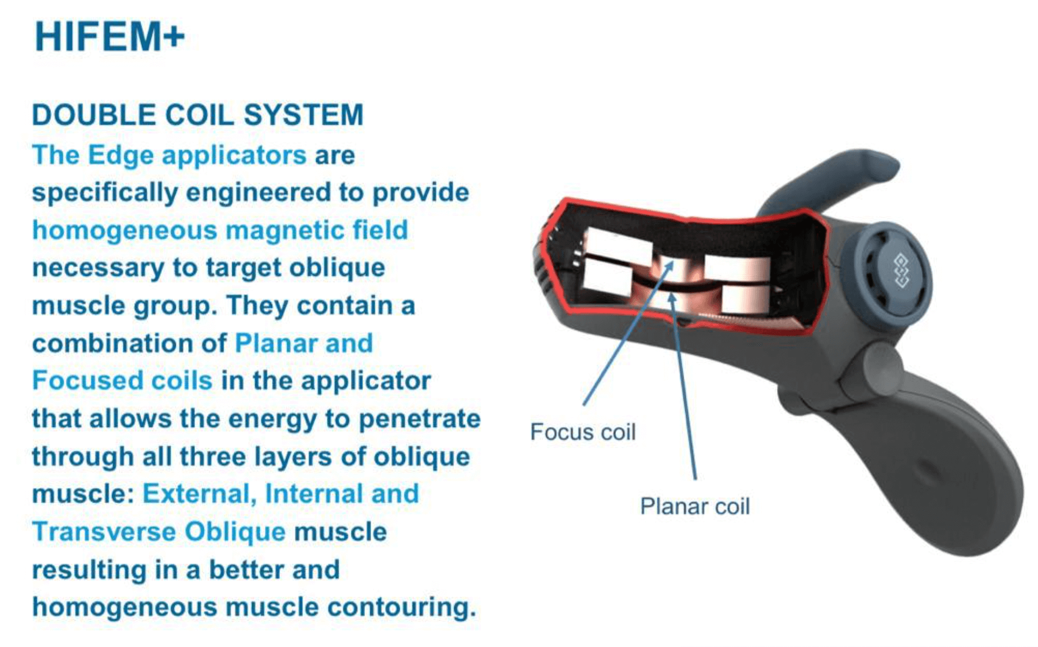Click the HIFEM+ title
[110, 37]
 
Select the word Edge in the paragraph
[120, 156]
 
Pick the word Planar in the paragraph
[275, 343]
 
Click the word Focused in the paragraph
[80, 381]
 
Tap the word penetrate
[419, 419]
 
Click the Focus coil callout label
[583, 432]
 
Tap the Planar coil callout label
[695, 507]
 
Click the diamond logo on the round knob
[901, 271]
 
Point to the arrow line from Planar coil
[682, 386]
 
